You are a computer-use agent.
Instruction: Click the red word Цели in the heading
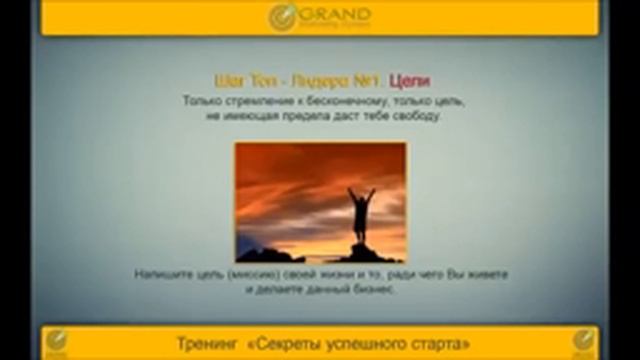tap(409, 81)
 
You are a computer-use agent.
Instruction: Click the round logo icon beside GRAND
tap(283, 17)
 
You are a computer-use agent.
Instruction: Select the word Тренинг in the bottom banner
tap(205, 341)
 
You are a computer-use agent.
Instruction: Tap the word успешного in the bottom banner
tap(379, 341)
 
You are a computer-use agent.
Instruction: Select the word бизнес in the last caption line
tap(376, 289)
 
